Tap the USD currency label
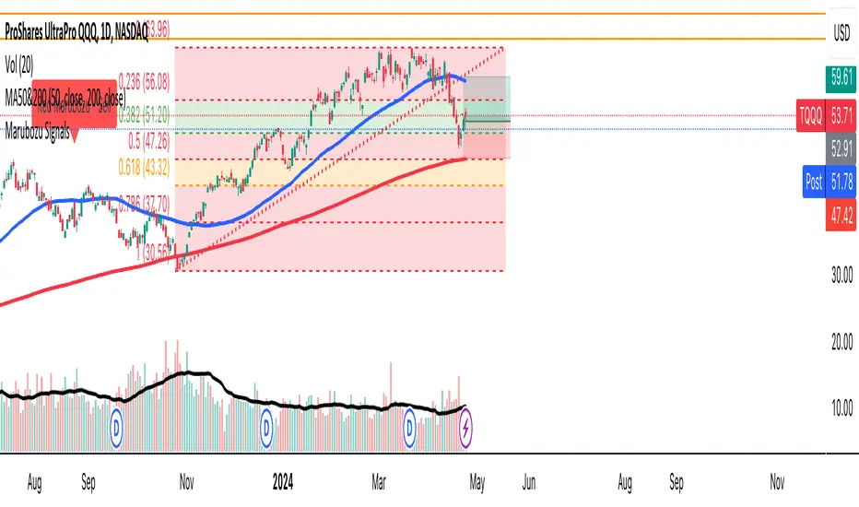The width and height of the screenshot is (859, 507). click(840, 32)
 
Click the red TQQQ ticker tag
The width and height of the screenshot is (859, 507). click(806, 116)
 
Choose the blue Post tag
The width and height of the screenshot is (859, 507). click(813, 183)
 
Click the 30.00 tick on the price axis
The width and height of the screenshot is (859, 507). click(839, 275)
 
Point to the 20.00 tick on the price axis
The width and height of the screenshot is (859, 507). click(839, 342)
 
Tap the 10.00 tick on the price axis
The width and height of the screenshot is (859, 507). click(839, 408)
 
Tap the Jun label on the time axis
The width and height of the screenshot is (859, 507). click(531, 481)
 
